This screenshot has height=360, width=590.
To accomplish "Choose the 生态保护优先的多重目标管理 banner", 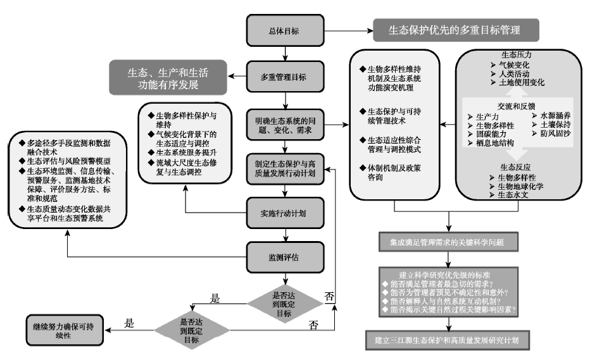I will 455,30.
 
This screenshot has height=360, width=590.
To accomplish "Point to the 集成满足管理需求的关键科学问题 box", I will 449,242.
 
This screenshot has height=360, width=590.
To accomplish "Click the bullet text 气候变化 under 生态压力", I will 515,65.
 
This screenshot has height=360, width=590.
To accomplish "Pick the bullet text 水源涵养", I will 557,116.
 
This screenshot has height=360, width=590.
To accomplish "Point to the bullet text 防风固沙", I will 557,134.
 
